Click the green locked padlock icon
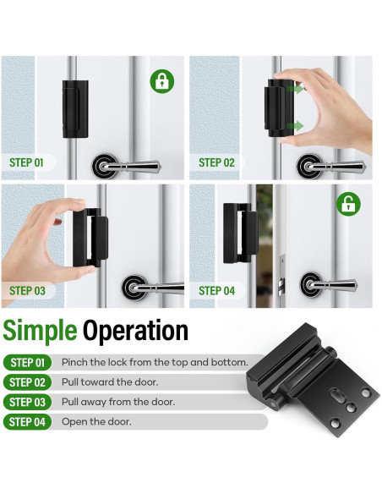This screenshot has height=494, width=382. pos(162,81)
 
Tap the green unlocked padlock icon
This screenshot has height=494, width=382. pos(349,204)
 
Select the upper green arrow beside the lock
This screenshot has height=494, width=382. pos(296,89)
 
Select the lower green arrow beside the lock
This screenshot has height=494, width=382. pos(296,126)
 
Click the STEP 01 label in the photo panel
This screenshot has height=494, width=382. pos(26,162)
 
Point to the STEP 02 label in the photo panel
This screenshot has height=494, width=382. pos(216,162)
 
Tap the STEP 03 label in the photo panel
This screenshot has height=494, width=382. pos(27,290)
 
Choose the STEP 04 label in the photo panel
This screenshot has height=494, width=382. pos(216,290)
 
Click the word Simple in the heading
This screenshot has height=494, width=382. pos(40,331)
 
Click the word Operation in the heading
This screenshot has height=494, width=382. pos(135,330)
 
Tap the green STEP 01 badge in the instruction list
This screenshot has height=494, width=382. pos(28,363)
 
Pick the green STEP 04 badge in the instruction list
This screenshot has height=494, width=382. pos(27,422)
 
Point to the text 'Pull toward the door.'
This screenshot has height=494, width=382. pos(110,382)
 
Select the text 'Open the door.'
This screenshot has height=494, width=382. pos(96,421)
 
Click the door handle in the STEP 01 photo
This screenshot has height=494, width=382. pos(126,166)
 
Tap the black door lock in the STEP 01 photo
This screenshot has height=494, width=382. pos(75,109)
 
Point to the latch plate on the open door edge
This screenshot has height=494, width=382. pos(282,277)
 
